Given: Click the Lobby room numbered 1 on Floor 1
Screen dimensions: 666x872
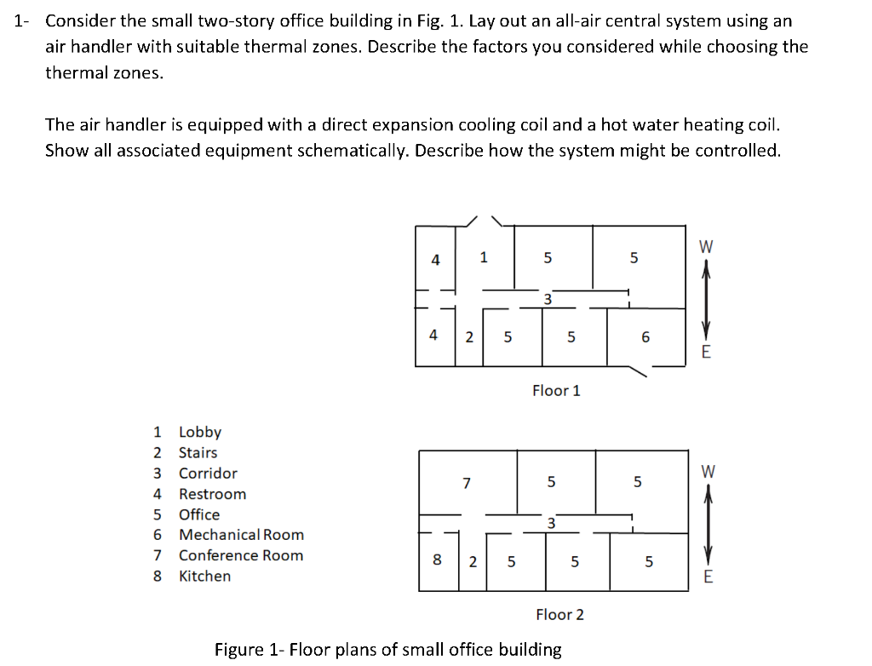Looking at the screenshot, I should [x=483, y=256].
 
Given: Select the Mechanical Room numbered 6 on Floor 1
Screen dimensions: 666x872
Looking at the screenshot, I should [x=645, y=337].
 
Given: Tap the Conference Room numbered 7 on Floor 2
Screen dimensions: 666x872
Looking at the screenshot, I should [x=466, y=483].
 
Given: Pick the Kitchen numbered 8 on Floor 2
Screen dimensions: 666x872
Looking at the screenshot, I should [x=437, y=560].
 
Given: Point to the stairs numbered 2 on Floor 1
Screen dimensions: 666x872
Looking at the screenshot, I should [x=469, y=336].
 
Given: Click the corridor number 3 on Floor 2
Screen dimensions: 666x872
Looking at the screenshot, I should [x=551, y=523].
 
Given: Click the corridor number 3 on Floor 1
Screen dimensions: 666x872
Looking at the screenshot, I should [x=548, y=299].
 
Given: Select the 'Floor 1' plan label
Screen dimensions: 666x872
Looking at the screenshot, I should [x=556, y=391].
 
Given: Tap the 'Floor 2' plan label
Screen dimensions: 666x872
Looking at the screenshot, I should [x=559, y=614].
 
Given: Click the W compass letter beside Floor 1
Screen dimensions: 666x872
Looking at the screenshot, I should [x=705, y=247].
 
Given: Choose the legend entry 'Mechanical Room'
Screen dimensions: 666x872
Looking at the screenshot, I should [x=241, y=535].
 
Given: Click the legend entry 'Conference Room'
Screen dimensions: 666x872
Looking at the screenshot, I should [x=240, y=555].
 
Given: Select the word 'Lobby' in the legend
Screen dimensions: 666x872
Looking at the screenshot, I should [x=199, y=432].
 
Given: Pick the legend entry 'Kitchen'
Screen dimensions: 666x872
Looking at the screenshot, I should [x=204, y=576].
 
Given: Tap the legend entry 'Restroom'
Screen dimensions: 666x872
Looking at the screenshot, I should [x=212, y=494].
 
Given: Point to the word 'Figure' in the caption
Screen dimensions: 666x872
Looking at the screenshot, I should [x=239, y=650].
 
